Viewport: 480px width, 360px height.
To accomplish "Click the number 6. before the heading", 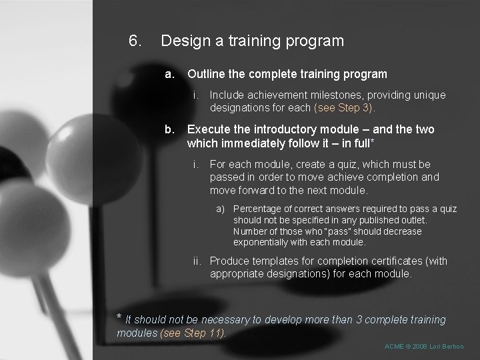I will (x=135, y=41).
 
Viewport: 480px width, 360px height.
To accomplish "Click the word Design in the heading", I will (x=183, y=41).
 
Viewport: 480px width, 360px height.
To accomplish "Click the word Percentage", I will (x=260, y=209).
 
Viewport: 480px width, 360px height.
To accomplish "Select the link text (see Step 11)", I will (x=193, y=333).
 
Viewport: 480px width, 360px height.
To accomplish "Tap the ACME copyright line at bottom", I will (x=424, y=347).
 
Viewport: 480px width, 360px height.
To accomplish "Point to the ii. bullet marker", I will (x=198, y=261).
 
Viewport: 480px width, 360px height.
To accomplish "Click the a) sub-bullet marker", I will (x=221, y=209).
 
